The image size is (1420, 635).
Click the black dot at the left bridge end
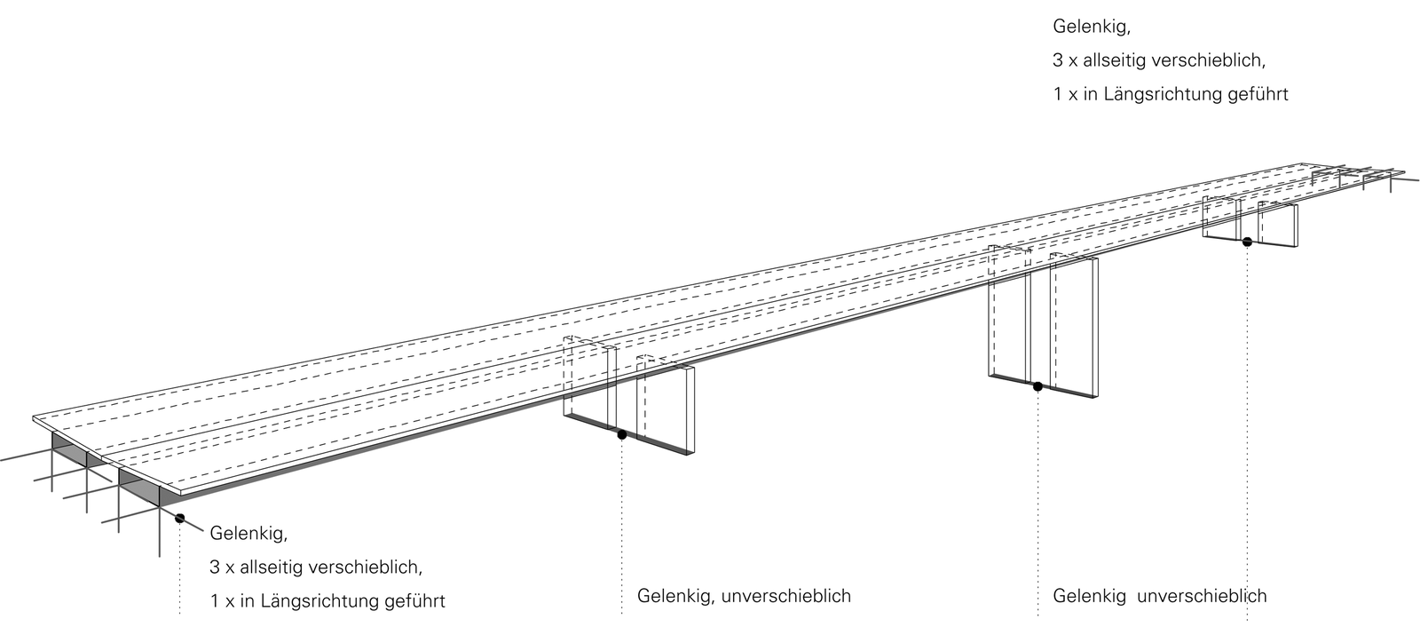(x=179, y=518)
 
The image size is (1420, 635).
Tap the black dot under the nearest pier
(x=622, y=434)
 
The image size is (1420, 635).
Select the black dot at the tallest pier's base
(x=1037, y=386)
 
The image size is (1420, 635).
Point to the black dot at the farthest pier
(x=1246, y=242)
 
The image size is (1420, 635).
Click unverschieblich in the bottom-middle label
(x=786, y=596)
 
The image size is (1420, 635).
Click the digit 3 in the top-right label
(x=1058, y=60)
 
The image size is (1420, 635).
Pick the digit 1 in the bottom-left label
(x=216, y=601)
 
